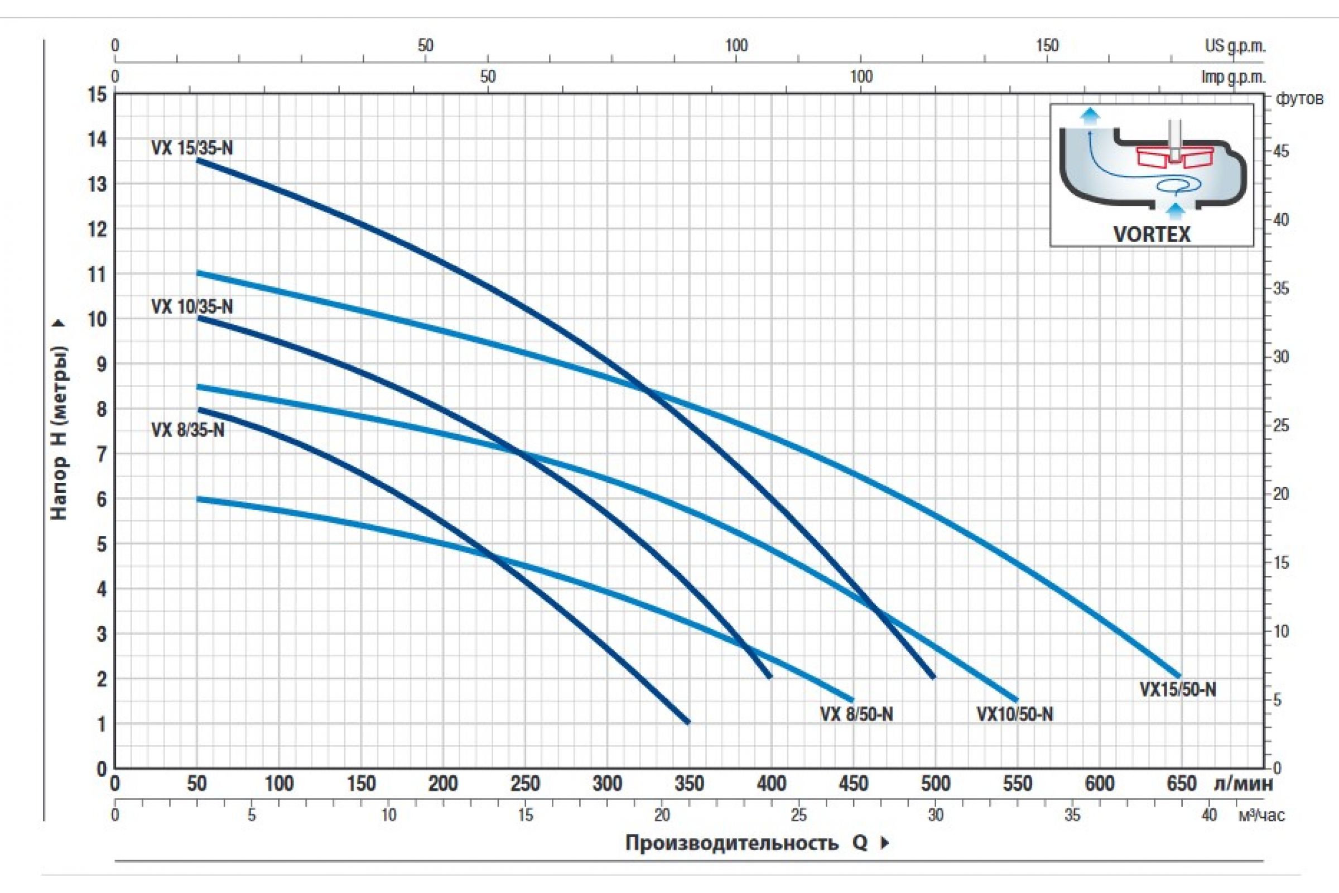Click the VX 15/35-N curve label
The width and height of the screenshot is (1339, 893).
click(192, 148)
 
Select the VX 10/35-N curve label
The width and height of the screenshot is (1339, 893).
click(192, 307)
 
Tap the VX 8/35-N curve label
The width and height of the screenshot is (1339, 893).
click(188, 430)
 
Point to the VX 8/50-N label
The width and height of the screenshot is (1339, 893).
click(856, 714)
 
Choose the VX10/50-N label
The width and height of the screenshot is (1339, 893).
click(1014, 714)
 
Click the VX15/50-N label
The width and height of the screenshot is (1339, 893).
click(1177, 690)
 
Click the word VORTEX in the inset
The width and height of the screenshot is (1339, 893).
click(1152, 234)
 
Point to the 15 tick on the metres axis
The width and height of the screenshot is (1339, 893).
click(97, 94)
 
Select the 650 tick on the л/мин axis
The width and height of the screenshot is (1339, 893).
click(1181, 784)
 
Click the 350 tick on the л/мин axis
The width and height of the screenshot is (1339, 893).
click(689, 784)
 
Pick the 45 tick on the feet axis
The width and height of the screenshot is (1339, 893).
click(1280, 151)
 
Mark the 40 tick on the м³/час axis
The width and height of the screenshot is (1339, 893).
click(1208, 815)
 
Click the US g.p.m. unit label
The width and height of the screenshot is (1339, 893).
click(1235, 46)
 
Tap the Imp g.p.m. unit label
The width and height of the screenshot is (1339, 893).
click(1233, 76)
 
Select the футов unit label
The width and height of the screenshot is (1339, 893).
click(1299, 99)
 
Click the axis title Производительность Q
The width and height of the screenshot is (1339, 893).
click(746, 843)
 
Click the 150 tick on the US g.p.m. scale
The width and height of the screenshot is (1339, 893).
click(1047, 46)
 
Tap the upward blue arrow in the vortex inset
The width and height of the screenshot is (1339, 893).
click(1090, 116)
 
